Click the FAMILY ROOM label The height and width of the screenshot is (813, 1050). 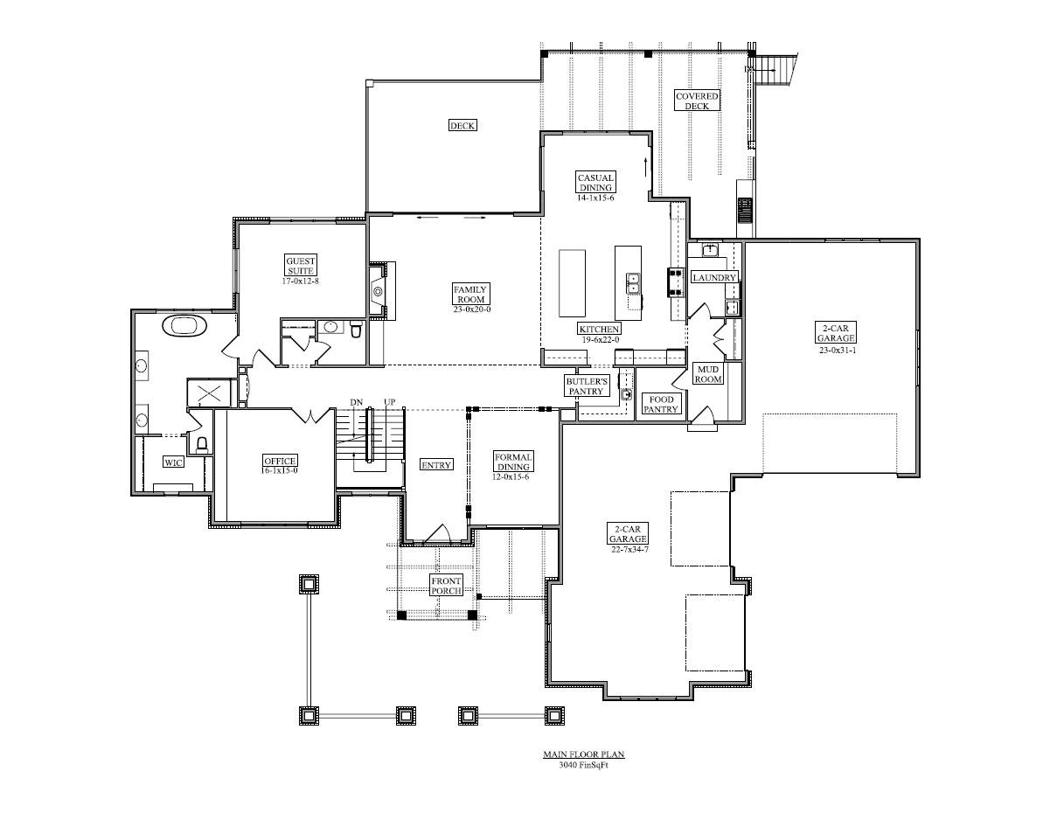point(470,295)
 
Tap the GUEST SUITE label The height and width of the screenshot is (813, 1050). point(300,266)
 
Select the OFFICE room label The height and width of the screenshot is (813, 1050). point(280,461)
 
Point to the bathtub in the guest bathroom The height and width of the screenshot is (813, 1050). point(184,325)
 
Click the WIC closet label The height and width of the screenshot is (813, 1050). point(173,462)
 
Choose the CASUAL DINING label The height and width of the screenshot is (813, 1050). point(595,183)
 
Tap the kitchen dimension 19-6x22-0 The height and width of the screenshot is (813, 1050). point(600,339)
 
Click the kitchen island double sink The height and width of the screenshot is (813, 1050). point(633,283)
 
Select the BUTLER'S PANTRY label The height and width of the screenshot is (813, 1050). point(586,386)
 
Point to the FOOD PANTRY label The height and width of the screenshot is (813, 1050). point(661,405)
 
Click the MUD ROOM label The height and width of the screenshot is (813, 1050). point(708,374)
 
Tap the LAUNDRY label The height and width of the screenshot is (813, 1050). point(714,277)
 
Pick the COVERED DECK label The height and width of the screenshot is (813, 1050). point(697,101)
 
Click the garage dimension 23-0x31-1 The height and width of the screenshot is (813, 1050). point(838,351)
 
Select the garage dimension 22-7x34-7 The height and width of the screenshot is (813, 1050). point(629,549)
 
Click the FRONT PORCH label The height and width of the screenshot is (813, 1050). point(446,586)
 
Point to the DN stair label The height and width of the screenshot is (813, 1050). point(356,402)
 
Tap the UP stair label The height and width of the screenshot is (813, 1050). point(389,402)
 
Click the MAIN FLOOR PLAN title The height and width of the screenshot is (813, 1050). point(584,754)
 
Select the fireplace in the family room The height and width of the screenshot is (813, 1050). point(378,291)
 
